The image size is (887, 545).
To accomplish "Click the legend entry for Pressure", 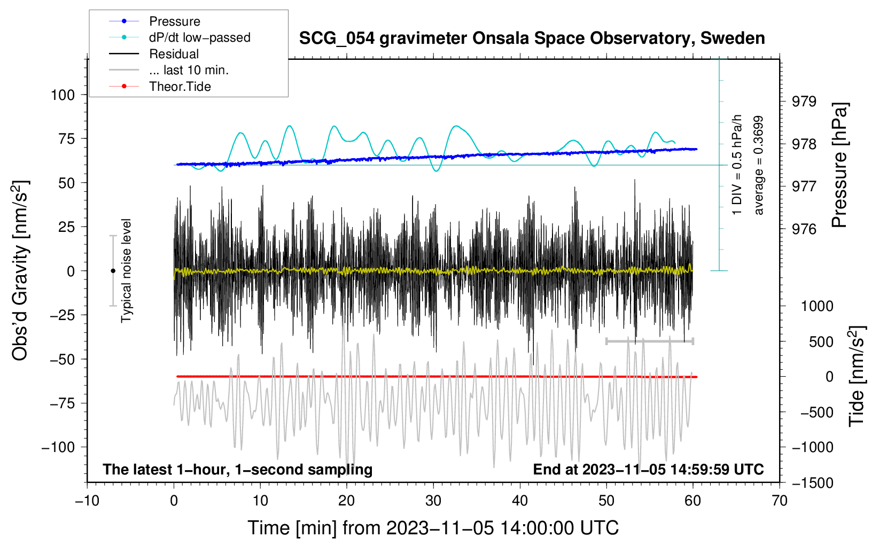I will coord(174,21).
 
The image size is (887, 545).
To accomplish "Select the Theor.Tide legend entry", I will coord(180,87).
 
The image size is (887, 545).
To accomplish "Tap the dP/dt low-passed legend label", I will coord(199,37).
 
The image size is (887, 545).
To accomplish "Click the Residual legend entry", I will coord(174,54).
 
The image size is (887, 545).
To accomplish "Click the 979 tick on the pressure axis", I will coord(804,102).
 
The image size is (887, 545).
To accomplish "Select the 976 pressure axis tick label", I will coord(804,229).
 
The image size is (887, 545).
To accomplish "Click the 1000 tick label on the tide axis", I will coord(816,306).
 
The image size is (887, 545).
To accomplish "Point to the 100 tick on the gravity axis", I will coord(63,95).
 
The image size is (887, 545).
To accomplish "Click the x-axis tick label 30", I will coord(433,501).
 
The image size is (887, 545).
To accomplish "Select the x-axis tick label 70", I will coord(780,501).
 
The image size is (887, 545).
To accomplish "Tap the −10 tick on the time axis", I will coord(87,501).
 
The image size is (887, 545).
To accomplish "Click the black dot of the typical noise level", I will coord(113,271).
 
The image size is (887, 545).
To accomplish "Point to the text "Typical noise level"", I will coord(126,270).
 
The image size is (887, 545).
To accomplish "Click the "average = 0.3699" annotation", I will coord(758,166).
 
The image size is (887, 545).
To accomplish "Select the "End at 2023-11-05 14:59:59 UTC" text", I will coord(648,469).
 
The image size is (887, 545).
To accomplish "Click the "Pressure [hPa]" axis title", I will coord(839,166).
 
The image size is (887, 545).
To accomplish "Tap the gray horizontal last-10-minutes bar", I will coord(649,341).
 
